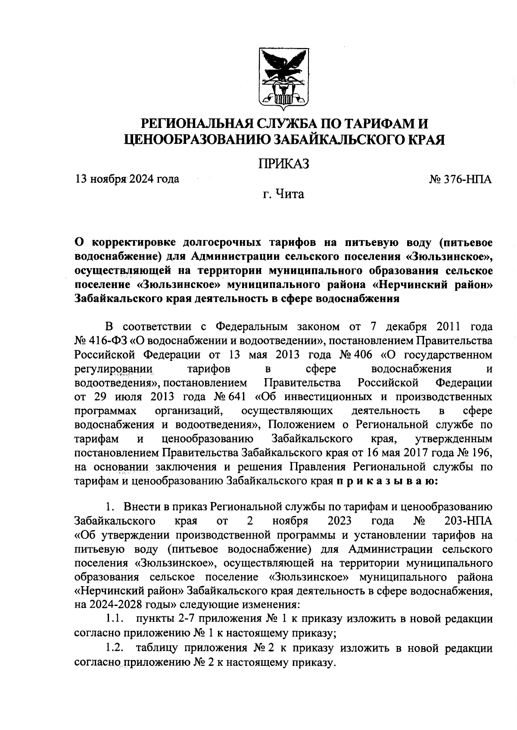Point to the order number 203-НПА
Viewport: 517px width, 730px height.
point(468,521)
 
